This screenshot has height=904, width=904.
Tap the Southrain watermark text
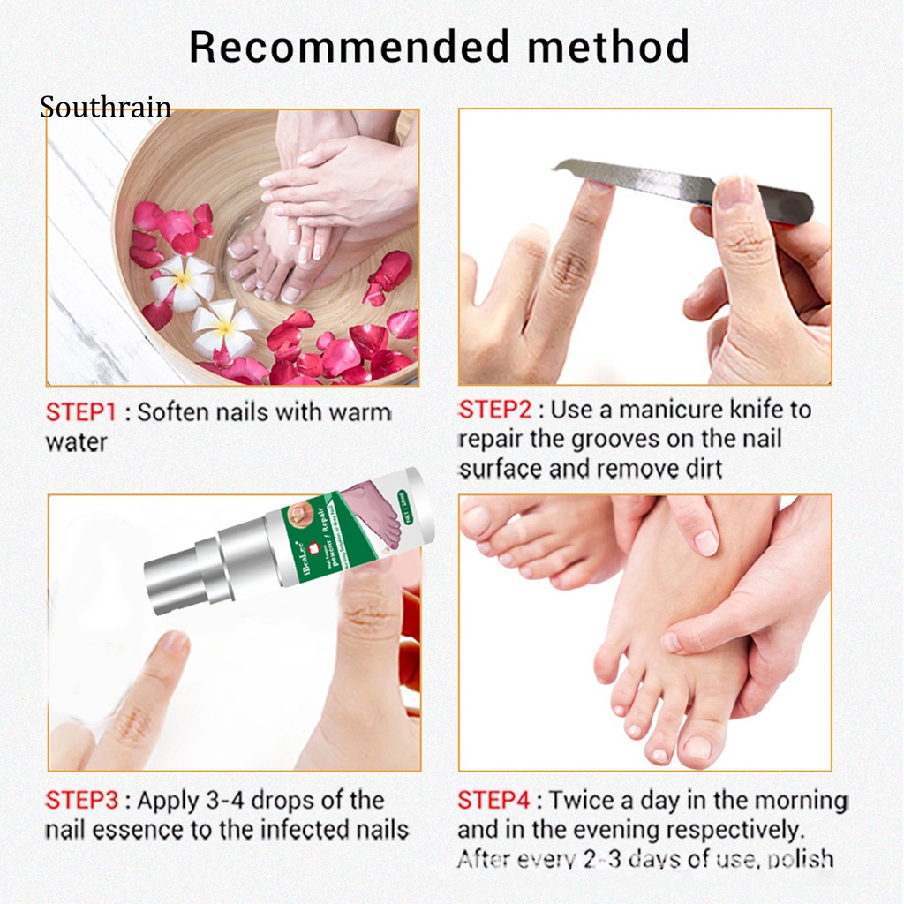[105, 109]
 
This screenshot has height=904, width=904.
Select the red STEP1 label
[81, 412]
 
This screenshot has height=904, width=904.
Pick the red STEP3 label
[81, 801]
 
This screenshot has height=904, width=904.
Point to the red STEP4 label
[494, 800]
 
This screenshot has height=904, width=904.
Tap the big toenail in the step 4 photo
[700, 748]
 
